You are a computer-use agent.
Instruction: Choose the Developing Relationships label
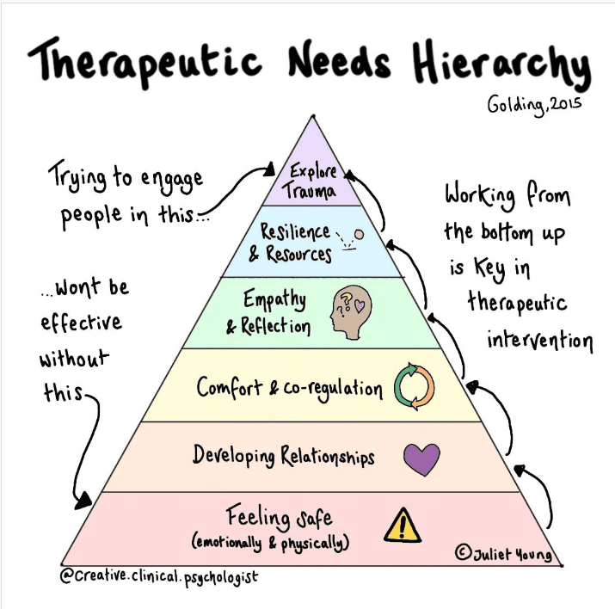coord(284,454)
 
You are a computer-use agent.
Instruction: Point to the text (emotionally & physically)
coord(274,543)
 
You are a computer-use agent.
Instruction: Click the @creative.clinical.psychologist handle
coord(158,576)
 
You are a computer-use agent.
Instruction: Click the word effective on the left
coord(81,324)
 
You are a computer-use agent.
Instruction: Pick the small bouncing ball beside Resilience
coord(359,233)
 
